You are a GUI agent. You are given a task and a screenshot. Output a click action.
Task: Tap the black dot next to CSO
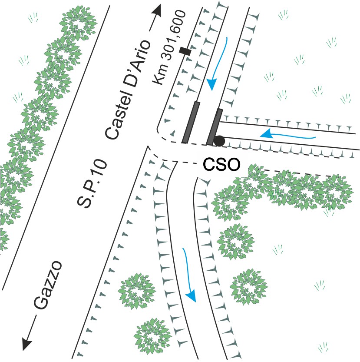click(219, 141)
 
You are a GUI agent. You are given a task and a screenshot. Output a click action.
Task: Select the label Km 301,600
click(170, 47)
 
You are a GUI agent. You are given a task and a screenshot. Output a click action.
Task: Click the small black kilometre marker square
click(185, 51)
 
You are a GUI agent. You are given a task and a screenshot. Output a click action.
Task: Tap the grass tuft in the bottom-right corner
click(322, 346)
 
